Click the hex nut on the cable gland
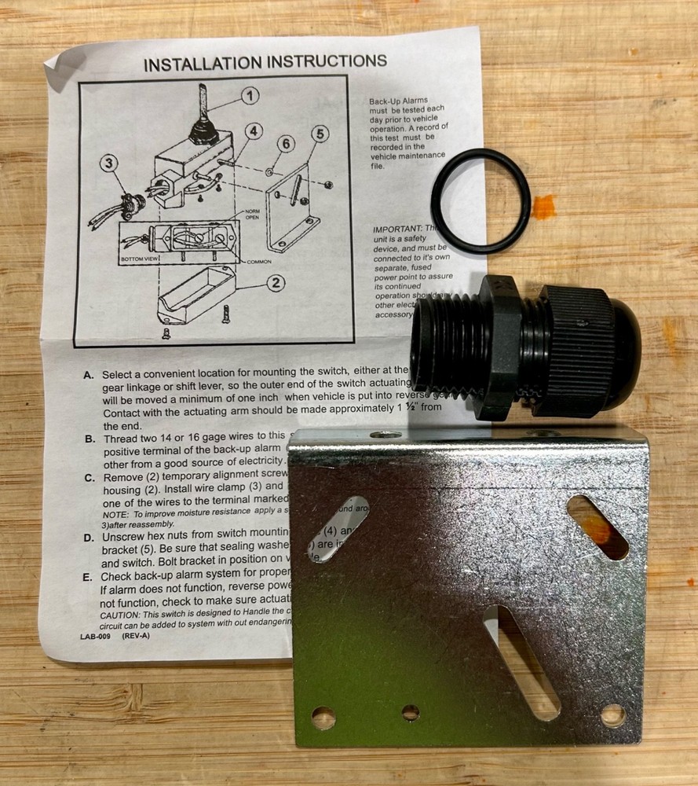tap(502, 346)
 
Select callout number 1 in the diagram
tap(249, 97)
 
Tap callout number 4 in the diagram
tap(252, 130)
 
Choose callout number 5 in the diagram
tap(318, 134)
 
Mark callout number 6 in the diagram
tap(285, 143)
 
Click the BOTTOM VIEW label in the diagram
tap(138, 258)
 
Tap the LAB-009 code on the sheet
tap(95, 637)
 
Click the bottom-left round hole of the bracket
tap(323, 717)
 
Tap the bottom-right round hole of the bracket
tap(613, 714)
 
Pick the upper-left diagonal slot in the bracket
tap(338, 528)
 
